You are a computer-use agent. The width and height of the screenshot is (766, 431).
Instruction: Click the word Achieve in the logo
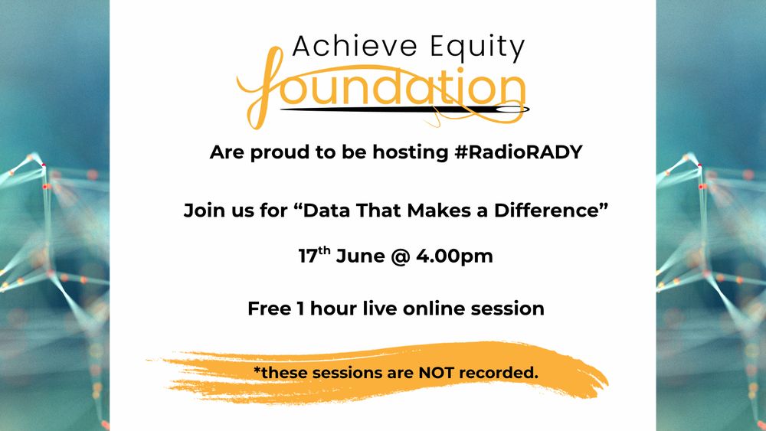pos(355,47)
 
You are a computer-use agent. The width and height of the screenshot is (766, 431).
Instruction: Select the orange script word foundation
pos(381,88)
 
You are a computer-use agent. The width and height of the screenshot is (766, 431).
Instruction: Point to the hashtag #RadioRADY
pos(519,152)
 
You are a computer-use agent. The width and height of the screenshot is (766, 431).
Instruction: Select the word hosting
pos(411,153)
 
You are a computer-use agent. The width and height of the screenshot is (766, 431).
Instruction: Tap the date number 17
pos(308,256)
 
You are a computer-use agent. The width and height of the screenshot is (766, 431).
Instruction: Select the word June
pos(360,256)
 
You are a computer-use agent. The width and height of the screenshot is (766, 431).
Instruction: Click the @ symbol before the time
pos(400,256)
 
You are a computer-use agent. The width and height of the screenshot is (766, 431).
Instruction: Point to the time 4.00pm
pos(454,256)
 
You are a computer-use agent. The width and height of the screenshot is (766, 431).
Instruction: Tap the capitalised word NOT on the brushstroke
pos(437,372)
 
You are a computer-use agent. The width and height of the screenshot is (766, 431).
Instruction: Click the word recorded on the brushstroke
pos(499,372)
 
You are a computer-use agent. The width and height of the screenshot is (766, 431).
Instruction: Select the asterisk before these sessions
pos(257,369)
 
